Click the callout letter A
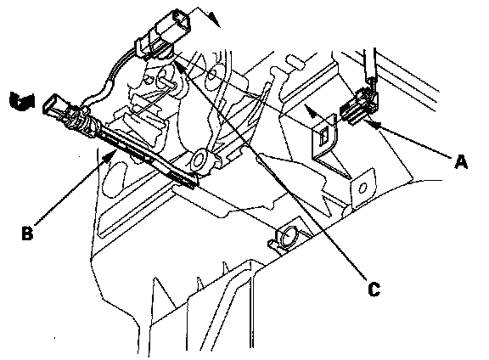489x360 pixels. [461, 162]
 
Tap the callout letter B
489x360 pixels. [27, 233]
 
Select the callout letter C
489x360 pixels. [374, 290]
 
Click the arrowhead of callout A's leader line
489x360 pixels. [374, 124]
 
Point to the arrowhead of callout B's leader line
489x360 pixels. [112, 155]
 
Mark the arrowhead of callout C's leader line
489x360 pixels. [178, 65]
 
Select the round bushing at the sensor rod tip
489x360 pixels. [199, 160]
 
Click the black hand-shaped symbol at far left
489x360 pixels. [22, 101]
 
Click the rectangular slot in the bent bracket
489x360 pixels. [323, 136]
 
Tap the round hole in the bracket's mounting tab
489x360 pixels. [363, 188]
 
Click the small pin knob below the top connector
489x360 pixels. [168, 82]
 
